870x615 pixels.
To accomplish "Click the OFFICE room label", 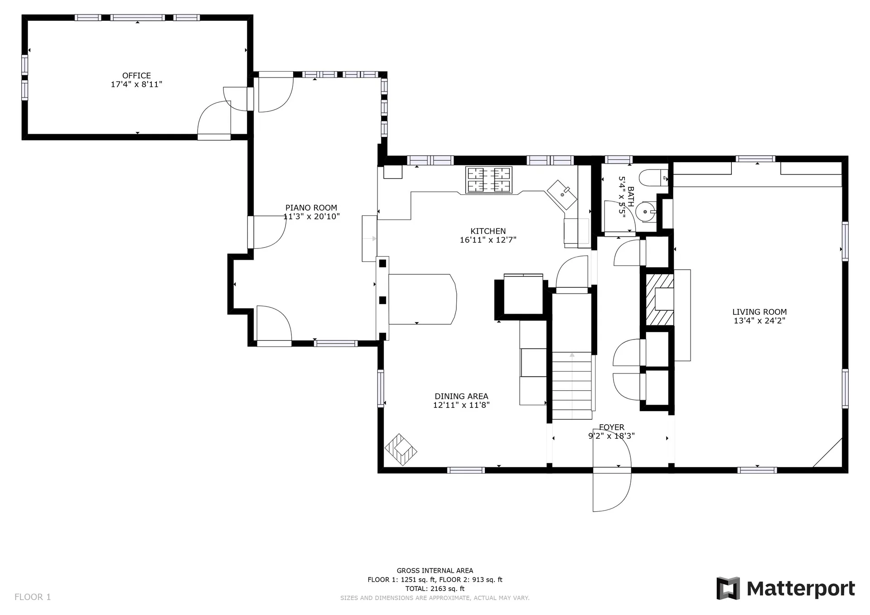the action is [136, 76].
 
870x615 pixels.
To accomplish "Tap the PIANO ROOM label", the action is [311, 208].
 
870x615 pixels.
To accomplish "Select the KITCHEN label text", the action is [488, 231].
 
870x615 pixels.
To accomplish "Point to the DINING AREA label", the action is [461, 397].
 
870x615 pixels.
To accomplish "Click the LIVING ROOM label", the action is [759, 312].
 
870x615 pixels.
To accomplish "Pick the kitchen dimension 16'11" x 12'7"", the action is [488, 240].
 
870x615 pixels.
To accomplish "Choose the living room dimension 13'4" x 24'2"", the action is [759, 320].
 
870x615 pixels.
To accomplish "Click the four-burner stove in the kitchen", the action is [489, 179].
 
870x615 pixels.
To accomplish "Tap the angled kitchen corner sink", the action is [562, 195].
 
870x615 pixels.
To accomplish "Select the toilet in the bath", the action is [655, 178].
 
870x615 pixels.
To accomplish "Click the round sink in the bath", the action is [645, 212].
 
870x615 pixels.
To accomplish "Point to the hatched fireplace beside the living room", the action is [659, 300].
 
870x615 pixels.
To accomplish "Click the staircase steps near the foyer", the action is [572, 386].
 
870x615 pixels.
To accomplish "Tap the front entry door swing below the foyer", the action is [612, 492].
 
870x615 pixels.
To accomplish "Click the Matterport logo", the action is [786, 588].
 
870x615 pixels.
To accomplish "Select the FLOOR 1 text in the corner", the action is [33, 597].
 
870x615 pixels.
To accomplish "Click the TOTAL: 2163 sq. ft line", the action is [435, 589].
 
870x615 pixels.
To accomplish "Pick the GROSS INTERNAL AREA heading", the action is [435, 571].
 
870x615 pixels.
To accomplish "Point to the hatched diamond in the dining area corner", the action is [401, 450].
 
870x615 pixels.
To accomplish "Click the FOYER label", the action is [612, 427].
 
